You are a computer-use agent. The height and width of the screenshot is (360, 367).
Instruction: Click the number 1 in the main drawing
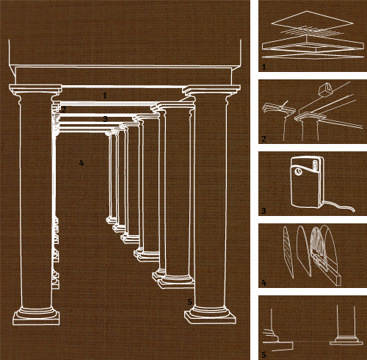click(x=105, y=96)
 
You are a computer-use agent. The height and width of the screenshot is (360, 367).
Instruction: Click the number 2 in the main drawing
click(x=64, y=109)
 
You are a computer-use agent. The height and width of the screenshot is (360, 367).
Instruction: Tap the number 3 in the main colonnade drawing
click(x=105, y=119)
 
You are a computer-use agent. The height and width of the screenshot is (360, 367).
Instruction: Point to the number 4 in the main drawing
click(x=81, y=163)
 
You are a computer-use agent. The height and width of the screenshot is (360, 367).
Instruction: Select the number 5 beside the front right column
click(x=190, y=302)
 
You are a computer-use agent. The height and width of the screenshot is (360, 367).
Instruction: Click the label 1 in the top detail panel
click(x=264, y=67)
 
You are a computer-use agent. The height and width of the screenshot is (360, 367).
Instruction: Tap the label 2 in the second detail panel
click(x=264, y=139)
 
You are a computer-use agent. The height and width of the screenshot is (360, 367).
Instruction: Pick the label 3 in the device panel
click(x=264, y=211)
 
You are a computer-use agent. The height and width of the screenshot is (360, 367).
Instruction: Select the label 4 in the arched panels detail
click(x=264, y=283)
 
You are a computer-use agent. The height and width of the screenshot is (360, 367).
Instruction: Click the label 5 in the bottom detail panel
click(x=264, y=355)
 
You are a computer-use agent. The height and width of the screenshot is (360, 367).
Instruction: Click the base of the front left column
click(x=36, y=316)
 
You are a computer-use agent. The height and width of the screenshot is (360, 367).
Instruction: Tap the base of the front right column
click(x=210, y=314)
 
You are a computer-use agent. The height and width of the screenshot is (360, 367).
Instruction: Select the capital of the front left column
click(x=36, y=91)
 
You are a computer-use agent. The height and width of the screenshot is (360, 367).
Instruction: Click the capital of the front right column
click(x=211, y=92)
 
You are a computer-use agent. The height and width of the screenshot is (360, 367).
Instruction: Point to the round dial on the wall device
click(x=298, y=172)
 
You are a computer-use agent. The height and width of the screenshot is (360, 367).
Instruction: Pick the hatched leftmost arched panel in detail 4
click(x=288, y=252)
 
